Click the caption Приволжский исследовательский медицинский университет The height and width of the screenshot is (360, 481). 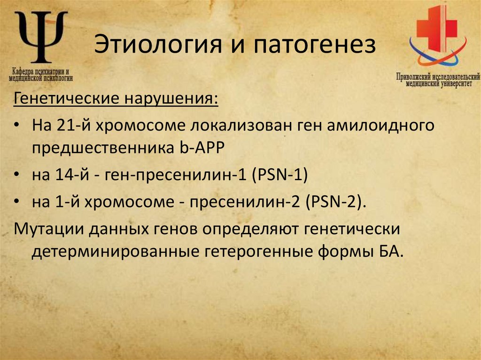(x=437, y=80)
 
